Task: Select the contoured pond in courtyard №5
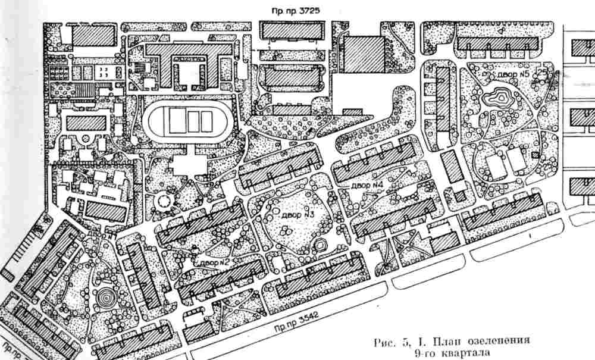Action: [x=498, y=96]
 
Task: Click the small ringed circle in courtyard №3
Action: [x=321, y=246]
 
